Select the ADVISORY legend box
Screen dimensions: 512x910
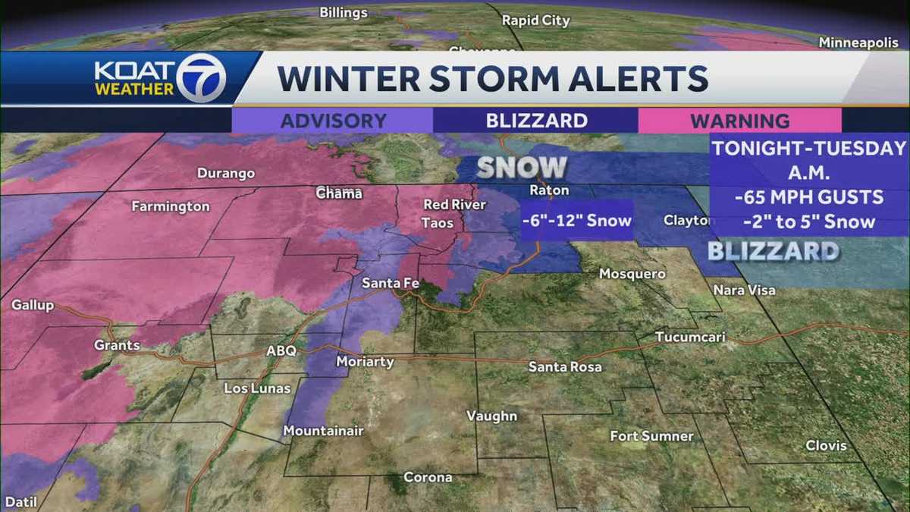click(333, 121)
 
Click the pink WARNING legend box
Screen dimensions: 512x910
click(739, 121)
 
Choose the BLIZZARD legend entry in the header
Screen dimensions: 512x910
click(536, 121)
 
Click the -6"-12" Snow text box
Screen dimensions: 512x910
click(577, 221)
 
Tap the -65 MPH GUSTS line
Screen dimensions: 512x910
click(809, 197)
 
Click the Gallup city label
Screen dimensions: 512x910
click(33, 305)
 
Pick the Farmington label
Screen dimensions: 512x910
click(170, 206)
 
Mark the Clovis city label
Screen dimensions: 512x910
click(826, 445)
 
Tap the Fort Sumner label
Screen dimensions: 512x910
click(651, 436)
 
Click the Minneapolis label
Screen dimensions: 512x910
click(858, 43)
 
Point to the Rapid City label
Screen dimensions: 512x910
click(535, 20)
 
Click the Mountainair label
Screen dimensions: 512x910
click(323, 431)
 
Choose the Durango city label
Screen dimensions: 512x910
click(226, 174)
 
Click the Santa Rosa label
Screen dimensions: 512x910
click(565, 367)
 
